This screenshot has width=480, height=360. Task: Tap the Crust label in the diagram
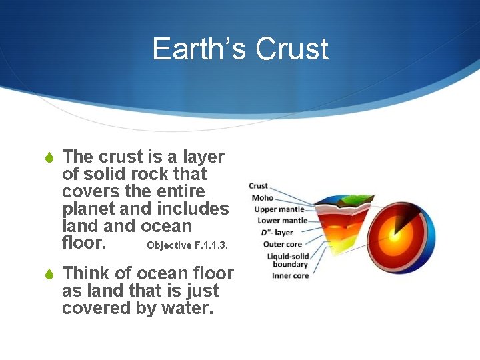pyautogui.click(x=258, y=186)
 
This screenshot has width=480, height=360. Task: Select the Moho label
pyautogui.click(x=262, y=197)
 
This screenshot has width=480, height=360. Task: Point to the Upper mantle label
pyautogui.click(x=279, y=209)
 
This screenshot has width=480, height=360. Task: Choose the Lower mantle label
pyautogui.click(x=282, y=221)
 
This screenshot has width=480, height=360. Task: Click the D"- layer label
pyautogui.click(x=276, y=233)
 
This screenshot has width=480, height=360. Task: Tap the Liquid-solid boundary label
pyautogui.click(x=287, y=260)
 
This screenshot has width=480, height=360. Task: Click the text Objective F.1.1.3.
pyautogui.click(x=187, y=245)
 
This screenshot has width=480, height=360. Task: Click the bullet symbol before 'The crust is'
pyautogui.click(x=47, y=158)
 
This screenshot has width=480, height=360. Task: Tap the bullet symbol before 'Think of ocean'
pyautogui.click(x=47, y=275)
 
